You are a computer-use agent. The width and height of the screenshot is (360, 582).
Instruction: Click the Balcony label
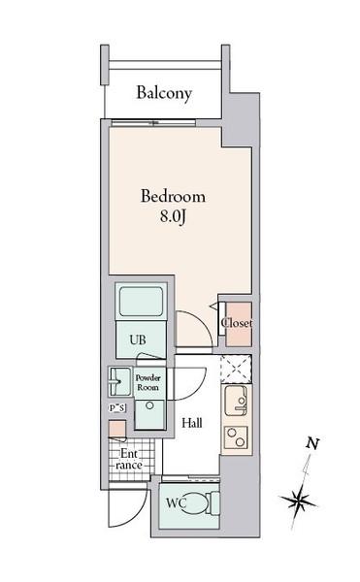click(x=164, y=93)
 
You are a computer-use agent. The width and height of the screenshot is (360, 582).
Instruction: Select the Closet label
click(x=236, y=323)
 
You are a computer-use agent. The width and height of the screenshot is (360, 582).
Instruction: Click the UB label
click(x=139, y=340)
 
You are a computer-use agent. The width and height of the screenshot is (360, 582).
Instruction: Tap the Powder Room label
click(x=147, y=381)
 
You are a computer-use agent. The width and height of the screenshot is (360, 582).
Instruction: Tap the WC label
click(x=175, y=503)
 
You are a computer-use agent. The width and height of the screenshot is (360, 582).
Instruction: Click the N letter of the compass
click(x=312, y=444)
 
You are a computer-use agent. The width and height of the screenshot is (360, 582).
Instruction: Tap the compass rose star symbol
click(x=300, y=501)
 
